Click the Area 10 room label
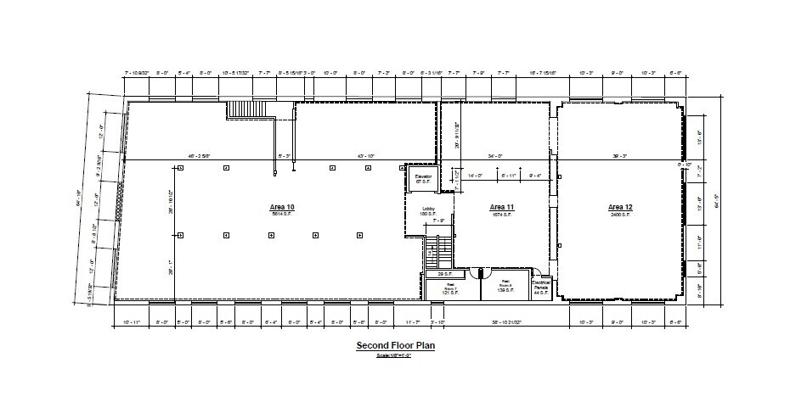point(281,208)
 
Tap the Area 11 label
point(502,207)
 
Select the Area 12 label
point(621,207)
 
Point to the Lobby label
point(429,209)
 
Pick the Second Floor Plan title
point(395,346)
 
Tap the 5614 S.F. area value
point(281,215)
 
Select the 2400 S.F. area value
point(621,215)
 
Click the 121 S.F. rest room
point(451,288)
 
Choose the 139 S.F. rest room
point(505,288)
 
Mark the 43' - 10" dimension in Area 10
point(366,156)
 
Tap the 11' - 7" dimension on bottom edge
point(412,323)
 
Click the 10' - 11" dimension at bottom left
point(131,323)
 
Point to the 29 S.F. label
point(443,275)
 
